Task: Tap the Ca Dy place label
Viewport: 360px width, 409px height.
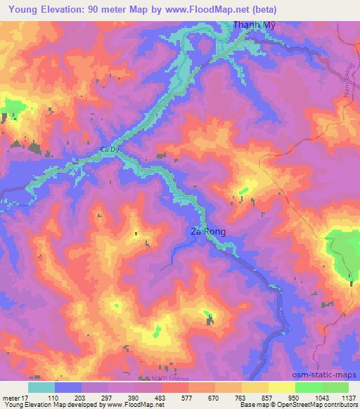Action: coord(108,150)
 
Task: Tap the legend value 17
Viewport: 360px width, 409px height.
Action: coord(26,397)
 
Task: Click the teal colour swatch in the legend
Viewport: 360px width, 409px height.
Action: coord(41,387)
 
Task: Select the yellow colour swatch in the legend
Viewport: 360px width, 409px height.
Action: coord(281,387)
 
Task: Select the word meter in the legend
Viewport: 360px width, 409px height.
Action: coord(11,397)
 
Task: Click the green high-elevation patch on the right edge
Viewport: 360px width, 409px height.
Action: coord(344,250)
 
